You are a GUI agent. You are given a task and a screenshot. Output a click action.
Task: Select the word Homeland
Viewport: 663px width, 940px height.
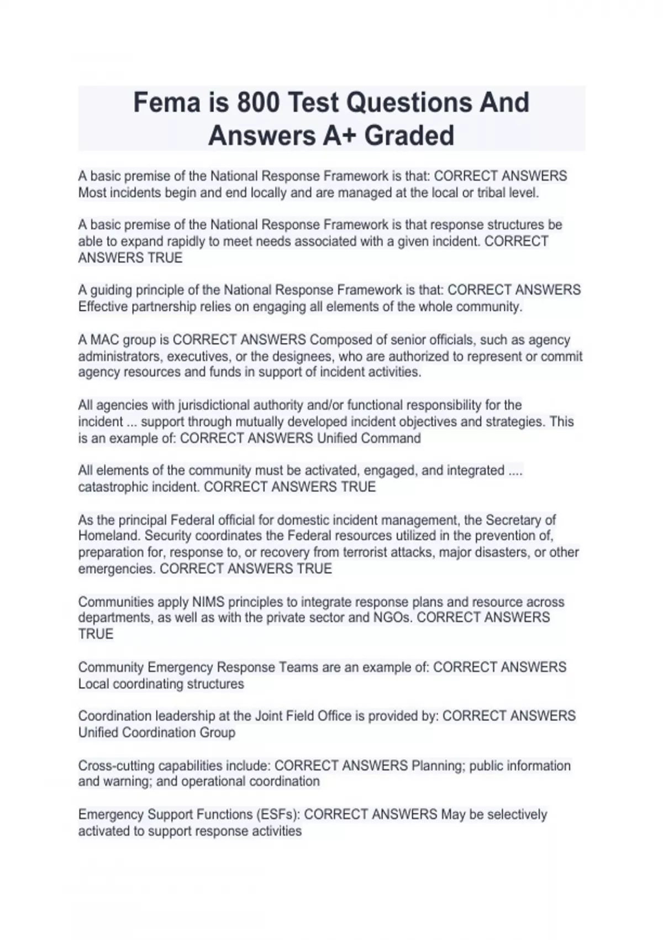[107, 536]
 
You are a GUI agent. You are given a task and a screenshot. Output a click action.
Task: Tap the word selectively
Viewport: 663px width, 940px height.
[517, 814]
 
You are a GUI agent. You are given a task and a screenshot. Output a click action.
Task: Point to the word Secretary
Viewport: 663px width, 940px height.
[520, 520]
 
